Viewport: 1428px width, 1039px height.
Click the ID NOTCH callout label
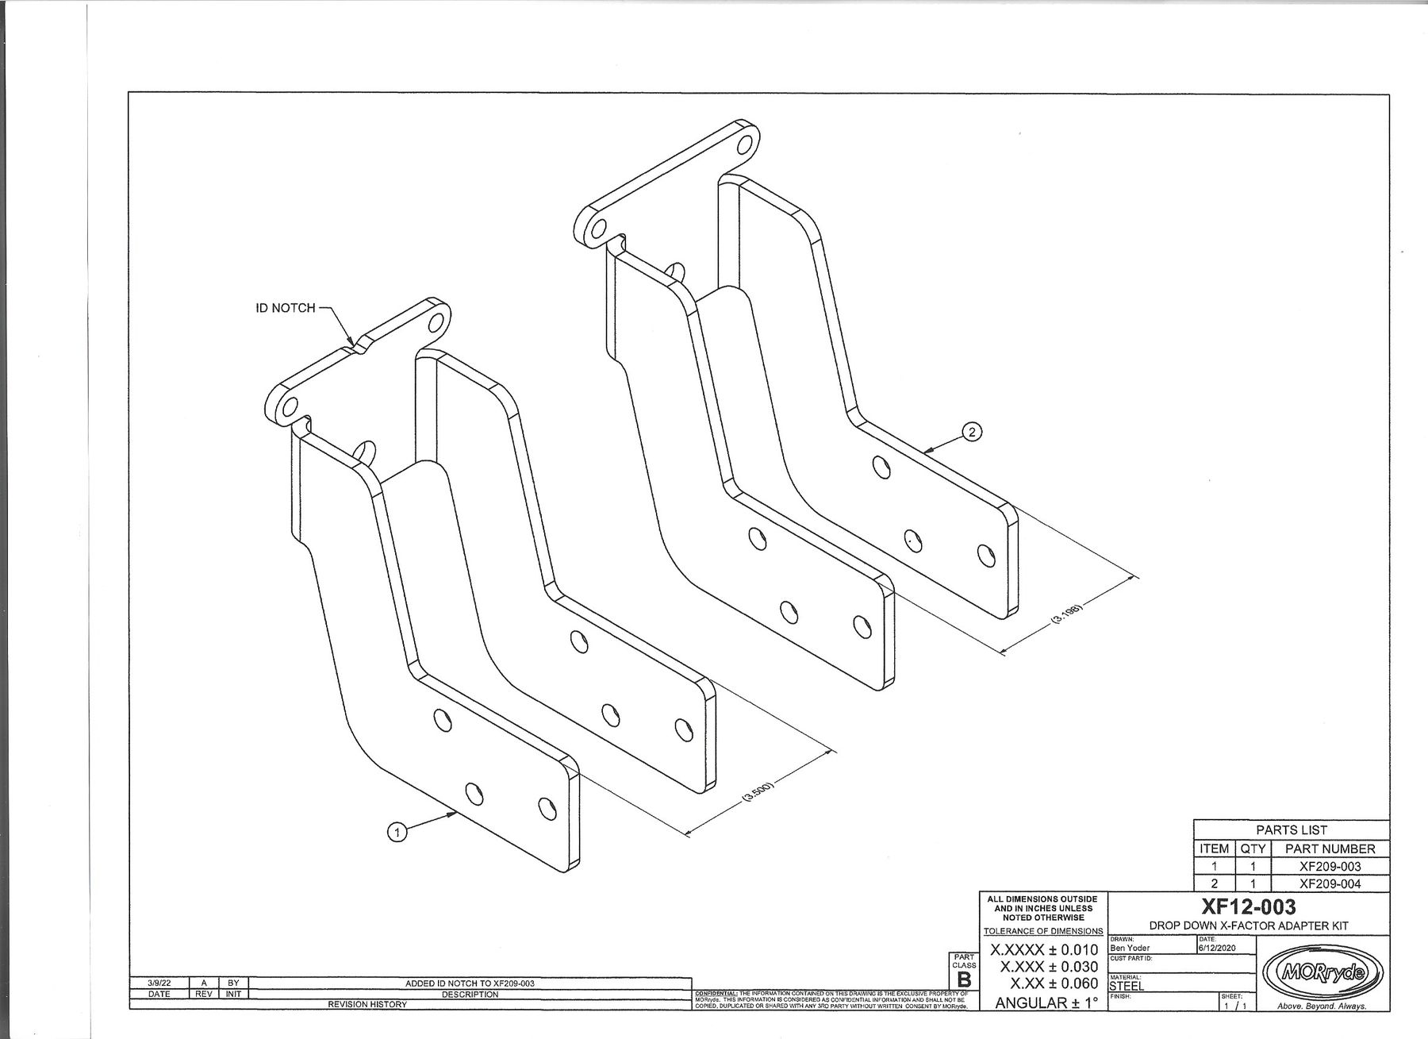coord(285,308)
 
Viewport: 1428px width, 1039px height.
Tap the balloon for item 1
coord(397,832)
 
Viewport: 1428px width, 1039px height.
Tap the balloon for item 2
coord(972,432)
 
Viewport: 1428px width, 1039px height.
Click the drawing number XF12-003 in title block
coord(1249,906)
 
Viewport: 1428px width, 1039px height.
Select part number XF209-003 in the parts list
coord(1330,866)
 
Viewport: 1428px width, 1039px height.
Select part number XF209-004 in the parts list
coord(1330,883)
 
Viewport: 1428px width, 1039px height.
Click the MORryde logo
coord(1322,972)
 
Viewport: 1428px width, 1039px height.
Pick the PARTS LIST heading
coord(1292,830)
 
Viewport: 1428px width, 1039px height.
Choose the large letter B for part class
coord(964,980)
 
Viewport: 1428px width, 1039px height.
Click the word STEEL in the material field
coord(1127,986)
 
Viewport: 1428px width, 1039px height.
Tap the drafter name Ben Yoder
coord(1130,948)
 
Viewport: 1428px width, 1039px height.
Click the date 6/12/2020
coord(1218,948)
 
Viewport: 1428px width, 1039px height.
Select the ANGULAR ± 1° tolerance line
coord(1046,1002)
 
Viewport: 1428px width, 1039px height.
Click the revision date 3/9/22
coord(159,983)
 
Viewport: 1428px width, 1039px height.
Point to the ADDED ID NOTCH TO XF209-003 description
coord(470,983)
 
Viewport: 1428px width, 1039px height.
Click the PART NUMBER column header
coord(1330,849)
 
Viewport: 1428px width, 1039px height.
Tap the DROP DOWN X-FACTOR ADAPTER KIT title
coord(1249,925)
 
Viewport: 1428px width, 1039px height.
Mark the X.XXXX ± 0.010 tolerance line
coord(1044,950)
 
